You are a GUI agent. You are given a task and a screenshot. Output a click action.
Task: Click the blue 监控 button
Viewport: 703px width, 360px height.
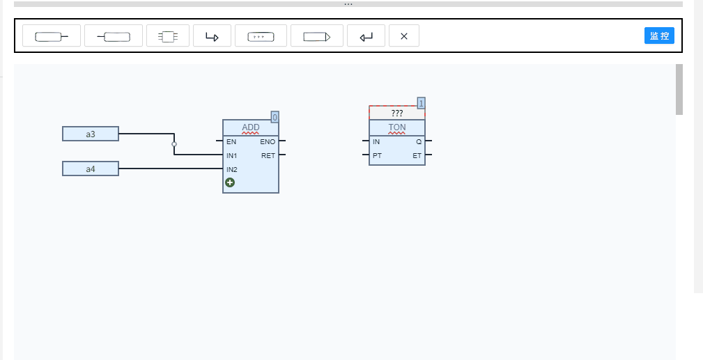[x=659, y=36]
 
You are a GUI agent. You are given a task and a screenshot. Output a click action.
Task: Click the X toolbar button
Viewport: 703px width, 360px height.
[x=404, y=36]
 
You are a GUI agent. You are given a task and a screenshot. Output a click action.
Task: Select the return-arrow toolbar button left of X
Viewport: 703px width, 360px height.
[x=366, y=36]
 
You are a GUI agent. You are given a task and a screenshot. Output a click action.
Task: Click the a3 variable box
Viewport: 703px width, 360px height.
[x=91, y=134]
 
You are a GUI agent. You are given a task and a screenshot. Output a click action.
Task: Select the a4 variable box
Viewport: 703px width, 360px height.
[x=91, y=169]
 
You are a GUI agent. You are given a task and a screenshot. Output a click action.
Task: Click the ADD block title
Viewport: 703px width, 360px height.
[x=251, y=127]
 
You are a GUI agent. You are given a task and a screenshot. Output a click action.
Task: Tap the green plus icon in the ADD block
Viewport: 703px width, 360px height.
[x=230, y=182]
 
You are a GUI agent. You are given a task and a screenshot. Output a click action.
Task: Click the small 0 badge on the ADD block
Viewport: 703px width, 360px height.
[x=275, y=118]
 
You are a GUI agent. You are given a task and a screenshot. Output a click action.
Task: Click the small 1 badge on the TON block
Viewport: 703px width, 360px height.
[x=421, y=104]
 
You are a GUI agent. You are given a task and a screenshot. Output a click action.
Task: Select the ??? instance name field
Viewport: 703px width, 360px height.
[x=396, y=113]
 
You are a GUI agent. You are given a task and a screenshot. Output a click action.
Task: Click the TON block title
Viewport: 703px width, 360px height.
[x=396, y=127]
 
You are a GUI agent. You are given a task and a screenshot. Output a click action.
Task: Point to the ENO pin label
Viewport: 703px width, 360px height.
[x=268, y=141]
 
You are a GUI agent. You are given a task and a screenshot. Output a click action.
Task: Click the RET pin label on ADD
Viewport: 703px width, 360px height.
[x=268, y=155]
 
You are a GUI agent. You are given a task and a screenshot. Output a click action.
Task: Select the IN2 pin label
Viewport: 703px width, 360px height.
[x=232, y=169]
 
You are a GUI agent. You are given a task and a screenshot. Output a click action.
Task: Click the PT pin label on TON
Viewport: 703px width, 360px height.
[x=377, y=155]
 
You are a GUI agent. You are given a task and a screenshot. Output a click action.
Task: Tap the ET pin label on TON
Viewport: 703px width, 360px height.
[x=417, y=155]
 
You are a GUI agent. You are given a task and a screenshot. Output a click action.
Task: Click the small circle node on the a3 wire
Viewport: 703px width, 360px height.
[x=174, y=144]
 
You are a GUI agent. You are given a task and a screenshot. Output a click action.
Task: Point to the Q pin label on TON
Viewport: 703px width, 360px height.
[x=419, y=141]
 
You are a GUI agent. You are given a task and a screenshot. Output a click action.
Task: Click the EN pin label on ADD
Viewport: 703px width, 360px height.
[x=231, y=141]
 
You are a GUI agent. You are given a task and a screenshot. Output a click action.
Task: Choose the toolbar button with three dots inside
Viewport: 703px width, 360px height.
[x=261, y=36]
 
